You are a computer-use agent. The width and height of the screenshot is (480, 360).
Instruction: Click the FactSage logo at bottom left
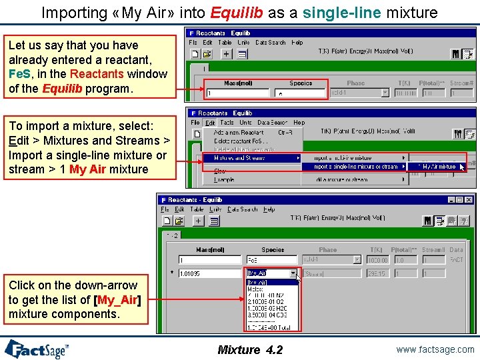point(37,349)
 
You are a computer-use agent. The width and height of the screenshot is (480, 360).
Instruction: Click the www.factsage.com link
point(434,349)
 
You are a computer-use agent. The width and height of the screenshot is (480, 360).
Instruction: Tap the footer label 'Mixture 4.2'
point(250,350)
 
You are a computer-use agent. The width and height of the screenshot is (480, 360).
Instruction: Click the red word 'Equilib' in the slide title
point(231,12)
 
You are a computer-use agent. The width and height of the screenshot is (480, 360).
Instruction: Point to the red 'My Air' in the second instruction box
point(87,169)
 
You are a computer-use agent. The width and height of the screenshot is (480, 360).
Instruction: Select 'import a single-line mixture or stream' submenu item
point(356,167)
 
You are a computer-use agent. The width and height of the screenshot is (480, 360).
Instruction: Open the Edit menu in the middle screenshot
point(210,123)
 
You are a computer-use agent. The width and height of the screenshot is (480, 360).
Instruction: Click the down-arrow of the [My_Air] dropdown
point(293,273)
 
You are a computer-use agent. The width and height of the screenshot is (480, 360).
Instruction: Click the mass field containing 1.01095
point(209,273)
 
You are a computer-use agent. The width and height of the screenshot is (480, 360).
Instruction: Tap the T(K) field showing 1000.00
point(377,260)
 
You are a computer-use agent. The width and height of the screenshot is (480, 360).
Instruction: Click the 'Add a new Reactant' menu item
point(239,132)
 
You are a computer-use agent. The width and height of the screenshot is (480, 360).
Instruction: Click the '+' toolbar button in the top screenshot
point(226,53)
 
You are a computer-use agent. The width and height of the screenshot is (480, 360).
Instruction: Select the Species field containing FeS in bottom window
point(271,260)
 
